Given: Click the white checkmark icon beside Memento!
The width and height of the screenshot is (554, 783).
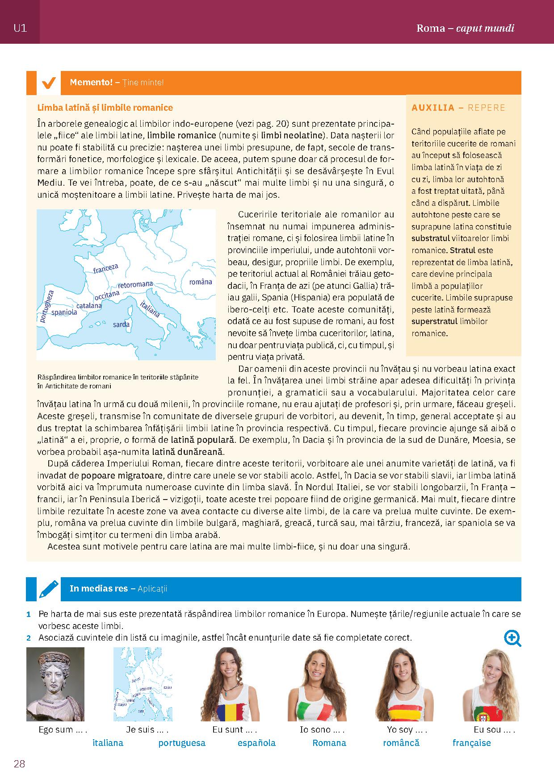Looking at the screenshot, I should (48, 83).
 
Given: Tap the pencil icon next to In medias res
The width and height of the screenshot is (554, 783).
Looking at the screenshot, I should (48, 589).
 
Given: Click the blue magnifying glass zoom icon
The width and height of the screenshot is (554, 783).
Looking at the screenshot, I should (512, 638).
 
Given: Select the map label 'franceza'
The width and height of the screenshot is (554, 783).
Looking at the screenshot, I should (106, 268).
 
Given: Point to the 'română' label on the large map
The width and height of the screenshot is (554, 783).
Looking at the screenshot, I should (201, 282).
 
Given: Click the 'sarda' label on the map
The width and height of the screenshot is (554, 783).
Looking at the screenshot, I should (121, 324).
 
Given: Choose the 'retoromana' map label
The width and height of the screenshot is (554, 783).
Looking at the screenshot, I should (135, 284).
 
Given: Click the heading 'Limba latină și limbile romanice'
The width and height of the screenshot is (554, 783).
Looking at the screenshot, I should (105, 108).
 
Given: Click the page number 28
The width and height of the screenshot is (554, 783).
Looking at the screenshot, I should (19, 764).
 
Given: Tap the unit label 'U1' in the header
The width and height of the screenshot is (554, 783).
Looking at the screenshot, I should (20, 28).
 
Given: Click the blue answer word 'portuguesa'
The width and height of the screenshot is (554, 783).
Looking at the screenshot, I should (182, 743).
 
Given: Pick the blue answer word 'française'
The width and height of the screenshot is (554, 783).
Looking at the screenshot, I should (471, 743).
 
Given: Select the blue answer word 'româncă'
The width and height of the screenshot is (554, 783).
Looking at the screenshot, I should (401, 743).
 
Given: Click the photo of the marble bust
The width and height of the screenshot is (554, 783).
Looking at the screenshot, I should (55, 684).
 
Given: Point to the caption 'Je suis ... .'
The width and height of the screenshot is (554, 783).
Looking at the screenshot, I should (147, 730).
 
